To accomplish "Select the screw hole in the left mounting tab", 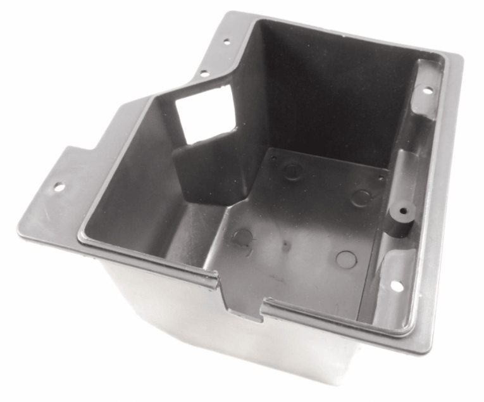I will point(58,187).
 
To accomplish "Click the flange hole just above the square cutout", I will point(204,73).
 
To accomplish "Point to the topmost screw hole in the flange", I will point(226,42).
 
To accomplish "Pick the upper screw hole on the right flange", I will point(428,90).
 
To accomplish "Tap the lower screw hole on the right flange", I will point(397,286).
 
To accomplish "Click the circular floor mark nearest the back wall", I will point(292,170).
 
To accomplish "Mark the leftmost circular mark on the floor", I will point(242,237).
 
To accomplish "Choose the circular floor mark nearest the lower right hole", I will point(345,258).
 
